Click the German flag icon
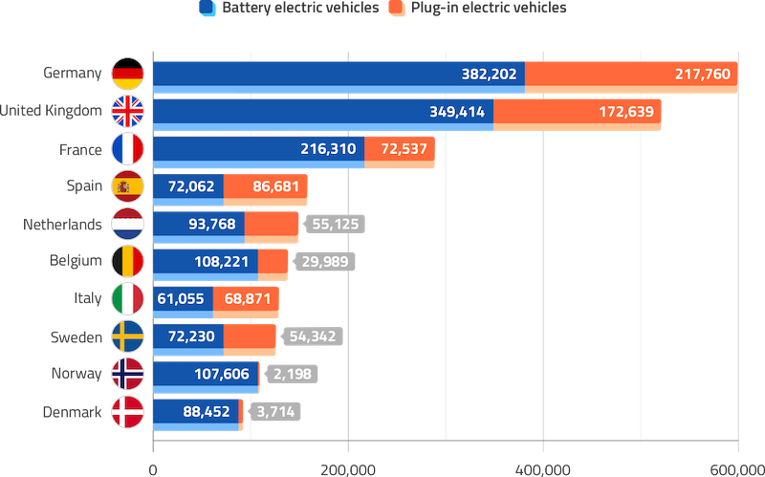(x=127, y=74)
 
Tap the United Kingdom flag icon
(x=127, y=111)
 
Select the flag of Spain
(x=127, y=186)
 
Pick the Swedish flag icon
(x=127, y=336)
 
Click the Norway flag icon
(x=127, y=374)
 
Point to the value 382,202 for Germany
(x=487, y=74)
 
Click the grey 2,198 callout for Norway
(x=293, y=375)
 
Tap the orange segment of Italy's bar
(x=247, y=299)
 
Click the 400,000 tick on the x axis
(x=542, y=468)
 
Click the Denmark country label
(x=73, y=412)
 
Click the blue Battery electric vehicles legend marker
(x=207, y=9)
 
